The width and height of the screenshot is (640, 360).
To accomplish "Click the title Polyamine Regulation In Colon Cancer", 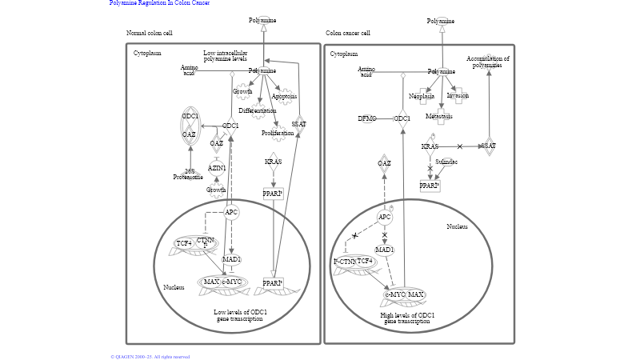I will point(159,3).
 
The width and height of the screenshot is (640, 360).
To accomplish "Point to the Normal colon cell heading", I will point(150,33).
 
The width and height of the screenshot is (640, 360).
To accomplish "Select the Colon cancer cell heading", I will point(348,33).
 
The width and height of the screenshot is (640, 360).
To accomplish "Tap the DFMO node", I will point(366,118).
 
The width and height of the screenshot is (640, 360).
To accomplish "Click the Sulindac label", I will point(446,162).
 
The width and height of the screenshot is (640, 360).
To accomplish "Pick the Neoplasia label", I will point(422,96).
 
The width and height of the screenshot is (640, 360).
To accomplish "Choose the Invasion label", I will point(458,95).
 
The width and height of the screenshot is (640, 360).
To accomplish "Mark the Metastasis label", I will point(439,116).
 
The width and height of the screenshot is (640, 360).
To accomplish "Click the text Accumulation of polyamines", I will point(488,62).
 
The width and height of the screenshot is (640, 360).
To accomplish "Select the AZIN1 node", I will point(217,168).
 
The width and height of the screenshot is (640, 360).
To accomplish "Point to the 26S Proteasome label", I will point(190,174).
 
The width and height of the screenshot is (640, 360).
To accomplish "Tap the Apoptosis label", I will point(284,96).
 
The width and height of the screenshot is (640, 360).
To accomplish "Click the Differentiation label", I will point(257,110).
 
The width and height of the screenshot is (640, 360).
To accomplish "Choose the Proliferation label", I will point(278,133).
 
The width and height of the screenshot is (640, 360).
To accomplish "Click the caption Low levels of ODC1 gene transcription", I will point(238,315).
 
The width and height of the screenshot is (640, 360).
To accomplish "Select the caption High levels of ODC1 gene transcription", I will point(408,318).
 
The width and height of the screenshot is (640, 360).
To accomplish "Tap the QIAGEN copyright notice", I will point(150,357).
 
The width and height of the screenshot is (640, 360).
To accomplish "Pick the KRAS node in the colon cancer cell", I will point(430,146).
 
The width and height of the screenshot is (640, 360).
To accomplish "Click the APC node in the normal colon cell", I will point(231,212).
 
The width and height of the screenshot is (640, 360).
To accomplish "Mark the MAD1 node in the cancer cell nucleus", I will point(385,250).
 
